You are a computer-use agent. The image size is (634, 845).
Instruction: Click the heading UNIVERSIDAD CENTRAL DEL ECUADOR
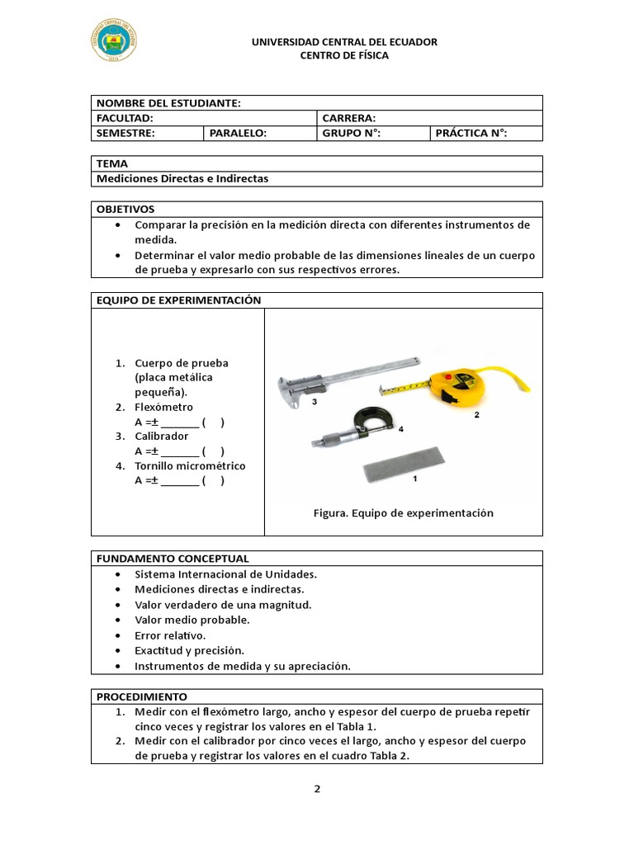point(344,42)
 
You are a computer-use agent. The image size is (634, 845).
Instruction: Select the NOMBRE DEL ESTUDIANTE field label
point(168,103)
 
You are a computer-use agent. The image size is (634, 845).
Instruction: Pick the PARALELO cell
point(238,133)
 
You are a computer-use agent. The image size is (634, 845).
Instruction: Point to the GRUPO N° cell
point(351,133)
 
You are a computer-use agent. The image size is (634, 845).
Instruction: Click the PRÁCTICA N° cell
point(471,133)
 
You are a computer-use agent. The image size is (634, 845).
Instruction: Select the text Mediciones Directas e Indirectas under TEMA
point(182,178)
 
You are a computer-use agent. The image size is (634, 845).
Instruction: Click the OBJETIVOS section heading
point(125,209)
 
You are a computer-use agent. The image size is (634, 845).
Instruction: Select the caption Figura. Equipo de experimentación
point(403,513)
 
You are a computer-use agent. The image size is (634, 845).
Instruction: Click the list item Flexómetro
point(163,407)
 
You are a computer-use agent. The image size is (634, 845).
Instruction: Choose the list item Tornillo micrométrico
point(190,465)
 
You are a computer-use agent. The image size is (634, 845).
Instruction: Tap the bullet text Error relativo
point(170,635)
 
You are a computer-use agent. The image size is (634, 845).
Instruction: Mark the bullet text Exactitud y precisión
point(190,650)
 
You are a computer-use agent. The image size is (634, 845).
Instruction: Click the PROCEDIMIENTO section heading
point(142,696)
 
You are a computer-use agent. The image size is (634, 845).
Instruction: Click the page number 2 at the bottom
point(317,788)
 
